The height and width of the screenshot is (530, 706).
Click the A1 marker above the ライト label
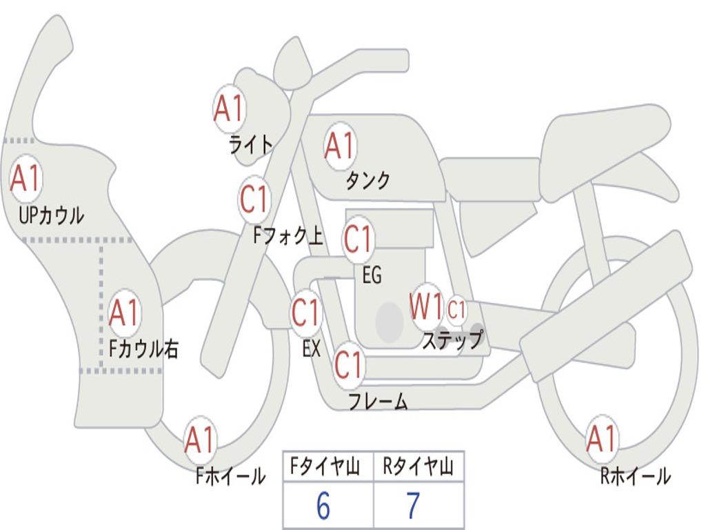(x=230, y=108)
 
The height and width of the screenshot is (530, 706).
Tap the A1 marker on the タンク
(x=341, y=146)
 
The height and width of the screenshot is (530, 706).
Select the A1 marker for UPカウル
(x=26, y=179)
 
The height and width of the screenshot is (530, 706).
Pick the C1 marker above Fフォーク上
(x=255, y=199)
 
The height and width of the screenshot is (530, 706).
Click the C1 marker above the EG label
(x=359, y=239)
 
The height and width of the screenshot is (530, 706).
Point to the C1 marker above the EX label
(x=306, y=313)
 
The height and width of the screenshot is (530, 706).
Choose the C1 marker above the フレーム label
(x=350, y=365)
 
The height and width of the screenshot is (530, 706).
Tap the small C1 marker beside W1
(x=456, y=310)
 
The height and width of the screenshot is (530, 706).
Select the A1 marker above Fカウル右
(x=124, y=313)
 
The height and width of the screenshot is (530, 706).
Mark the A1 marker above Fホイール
(x=200, y=440)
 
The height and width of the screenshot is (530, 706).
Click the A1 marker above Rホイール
(x=601, y=439)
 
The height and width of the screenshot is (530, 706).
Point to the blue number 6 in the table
(x=323, y=506)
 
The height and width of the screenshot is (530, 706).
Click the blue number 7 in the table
(x=414, y=506)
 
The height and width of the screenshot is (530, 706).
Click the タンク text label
(x=367, y=180)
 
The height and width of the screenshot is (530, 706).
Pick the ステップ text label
(x=453, y=340)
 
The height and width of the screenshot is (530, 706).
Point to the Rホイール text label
(x=636, y=476)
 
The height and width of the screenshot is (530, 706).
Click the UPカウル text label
(x=51, y=215)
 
